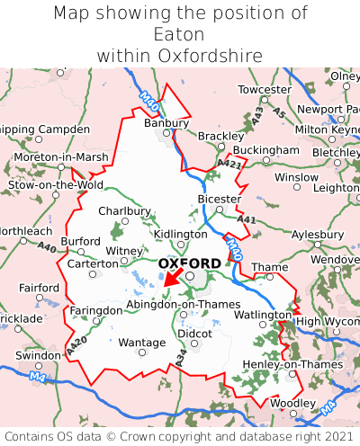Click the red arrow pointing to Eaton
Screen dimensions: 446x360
click(x=172, y=280)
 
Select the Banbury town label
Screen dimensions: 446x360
click(x=166, y=122)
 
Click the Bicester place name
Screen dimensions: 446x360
click(x=219, y=199)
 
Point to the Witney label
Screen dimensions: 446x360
click(x=124, y=251)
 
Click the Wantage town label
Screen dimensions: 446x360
click(x=142, y=343)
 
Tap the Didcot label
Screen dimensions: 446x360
click(x=194, y=334)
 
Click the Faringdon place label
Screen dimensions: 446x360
click(x=95, y=310)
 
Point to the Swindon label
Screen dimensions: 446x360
click(x=38, y=355)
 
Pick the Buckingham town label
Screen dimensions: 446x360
click(x=265, y=149)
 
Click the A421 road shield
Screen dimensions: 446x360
click(x=229, y=163)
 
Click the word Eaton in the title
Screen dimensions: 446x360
click(x=180, y=34)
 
